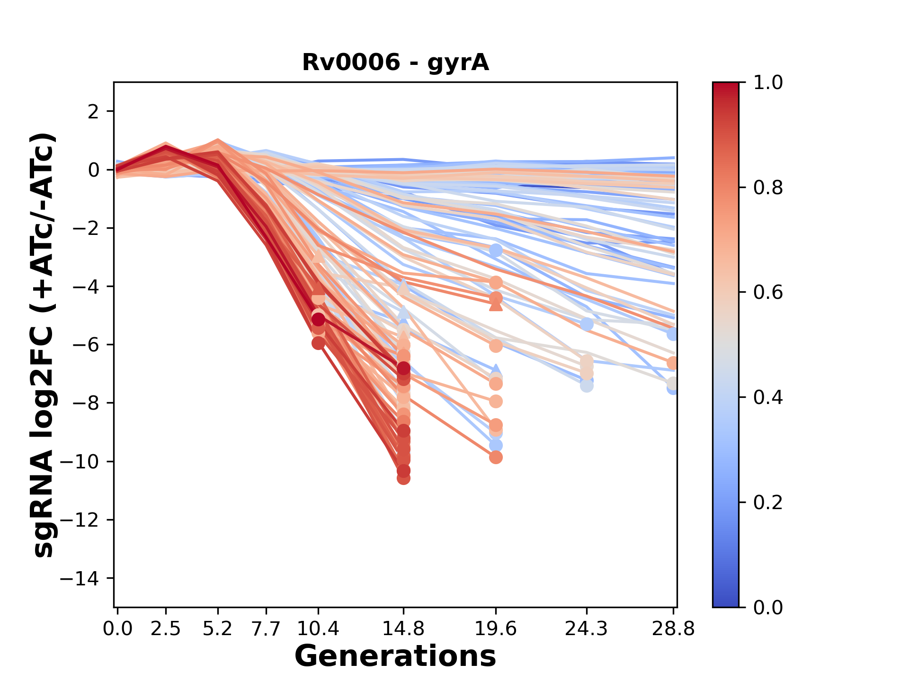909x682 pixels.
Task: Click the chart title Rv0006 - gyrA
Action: point(395,63)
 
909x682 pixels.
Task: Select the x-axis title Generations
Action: point(395,656)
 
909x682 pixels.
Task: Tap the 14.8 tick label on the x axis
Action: point(403,629)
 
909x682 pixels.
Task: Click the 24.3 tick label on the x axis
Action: point(587,629)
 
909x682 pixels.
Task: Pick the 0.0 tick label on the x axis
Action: point(118,629)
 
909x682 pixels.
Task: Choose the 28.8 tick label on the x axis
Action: point(673,629)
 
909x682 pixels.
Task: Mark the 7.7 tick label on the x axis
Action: point(267,629)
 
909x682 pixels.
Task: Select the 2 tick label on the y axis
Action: point(94,112)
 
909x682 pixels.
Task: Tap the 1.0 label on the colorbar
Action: point(768,83)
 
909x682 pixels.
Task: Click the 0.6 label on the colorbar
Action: point(768,293)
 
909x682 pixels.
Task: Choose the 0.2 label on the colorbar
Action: point(768,503)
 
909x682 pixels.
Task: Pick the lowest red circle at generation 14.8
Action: point(403,478)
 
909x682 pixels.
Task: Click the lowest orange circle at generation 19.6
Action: point(496,457)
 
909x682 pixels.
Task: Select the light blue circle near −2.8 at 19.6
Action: point(496,250)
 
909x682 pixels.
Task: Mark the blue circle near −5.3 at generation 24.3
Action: point(587,324)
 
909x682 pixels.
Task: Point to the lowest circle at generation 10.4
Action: point(318,343)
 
